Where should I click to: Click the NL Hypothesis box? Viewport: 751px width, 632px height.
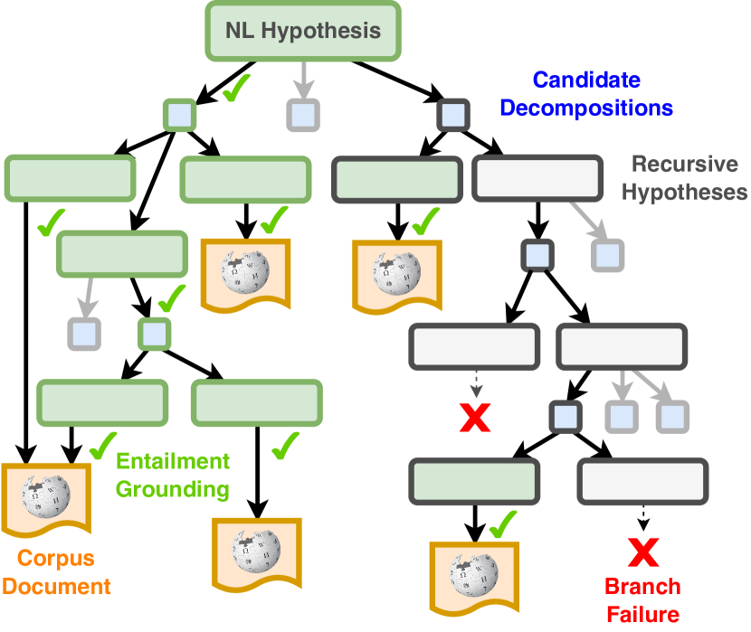pos(303,31)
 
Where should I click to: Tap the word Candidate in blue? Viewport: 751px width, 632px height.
pos(586,80)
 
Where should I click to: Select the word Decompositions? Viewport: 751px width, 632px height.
pos(586,108)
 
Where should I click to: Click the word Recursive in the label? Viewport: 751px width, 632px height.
pos(684,165)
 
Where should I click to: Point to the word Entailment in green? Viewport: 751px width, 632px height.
pos(173,461)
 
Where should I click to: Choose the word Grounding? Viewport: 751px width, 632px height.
pos(173,490)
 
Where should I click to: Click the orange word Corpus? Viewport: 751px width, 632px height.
pos(56,558)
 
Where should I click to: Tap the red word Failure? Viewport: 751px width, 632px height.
pos(642,615)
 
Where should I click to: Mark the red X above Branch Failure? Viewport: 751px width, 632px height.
pos(642,551)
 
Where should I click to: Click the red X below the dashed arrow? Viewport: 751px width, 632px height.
pos(475,417)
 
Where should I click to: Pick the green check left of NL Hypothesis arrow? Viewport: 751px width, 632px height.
pos(236,88)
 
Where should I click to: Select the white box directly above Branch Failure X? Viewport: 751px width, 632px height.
pos(642,480)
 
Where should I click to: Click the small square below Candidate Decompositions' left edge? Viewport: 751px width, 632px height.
pos(452,115)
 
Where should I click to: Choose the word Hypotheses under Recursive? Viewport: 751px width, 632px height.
pos(684,192)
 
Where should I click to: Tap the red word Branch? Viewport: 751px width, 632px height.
pos(642,586)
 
